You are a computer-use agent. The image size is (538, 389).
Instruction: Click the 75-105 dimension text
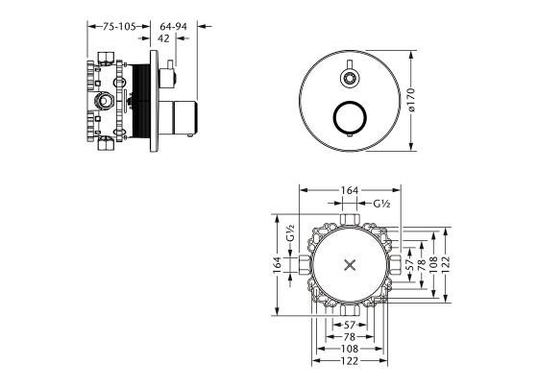pos(119,27)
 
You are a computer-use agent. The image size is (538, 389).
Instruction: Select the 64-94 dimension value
pos(174,27)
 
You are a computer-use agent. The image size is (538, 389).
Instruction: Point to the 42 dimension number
pos(163,38)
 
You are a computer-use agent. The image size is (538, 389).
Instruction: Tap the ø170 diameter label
pos(411,100)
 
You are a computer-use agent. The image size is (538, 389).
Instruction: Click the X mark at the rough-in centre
pos(350,265)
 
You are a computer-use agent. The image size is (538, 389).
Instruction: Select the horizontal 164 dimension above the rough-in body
pos(350,190)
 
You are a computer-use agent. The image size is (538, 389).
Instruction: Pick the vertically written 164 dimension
pos(278,265)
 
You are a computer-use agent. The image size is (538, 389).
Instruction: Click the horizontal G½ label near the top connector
pos(382,204)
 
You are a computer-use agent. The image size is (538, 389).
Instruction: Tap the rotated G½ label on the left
pos(290,232)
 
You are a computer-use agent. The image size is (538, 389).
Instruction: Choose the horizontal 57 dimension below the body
pos(350,325)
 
